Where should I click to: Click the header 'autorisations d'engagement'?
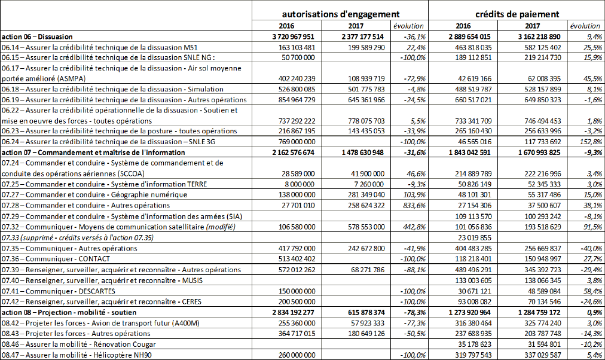pyautogui.click(x=340, y=13)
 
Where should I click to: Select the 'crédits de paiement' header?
pyautogui.click(x=517, y=13)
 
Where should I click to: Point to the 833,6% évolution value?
pyautogui.click(x=412, y=205)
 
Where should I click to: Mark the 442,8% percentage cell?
pyautogui.click(x=412, y=226)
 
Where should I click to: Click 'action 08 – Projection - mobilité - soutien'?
pyautogui.click(x=69, y=312)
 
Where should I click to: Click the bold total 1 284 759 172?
pyautogui.click(x=534, y=312)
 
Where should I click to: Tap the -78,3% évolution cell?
pyautogui.click(x=412, y=312)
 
